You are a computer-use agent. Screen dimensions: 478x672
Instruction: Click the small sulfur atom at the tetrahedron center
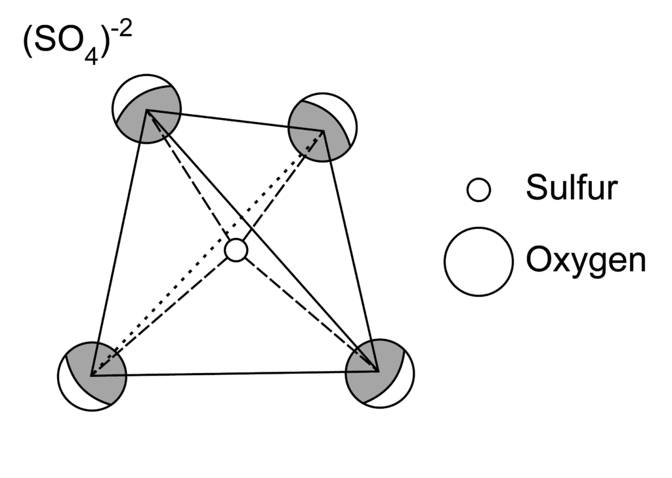point(236,250)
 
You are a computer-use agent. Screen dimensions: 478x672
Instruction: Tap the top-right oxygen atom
point(323,129)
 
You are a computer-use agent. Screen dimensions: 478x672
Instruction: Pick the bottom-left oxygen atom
point(92,376)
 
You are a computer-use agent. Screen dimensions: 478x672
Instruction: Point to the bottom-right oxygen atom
point(380,372)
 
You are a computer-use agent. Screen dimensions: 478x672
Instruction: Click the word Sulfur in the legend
point(571,189)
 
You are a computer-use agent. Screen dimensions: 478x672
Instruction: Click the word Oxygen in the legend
point(585,261)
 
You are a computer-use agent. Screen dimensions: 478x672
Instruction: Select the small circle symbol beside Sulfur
point(478,190)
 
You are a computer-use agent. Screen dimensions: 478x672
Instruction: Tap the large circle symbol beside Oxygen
point(478,261)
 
